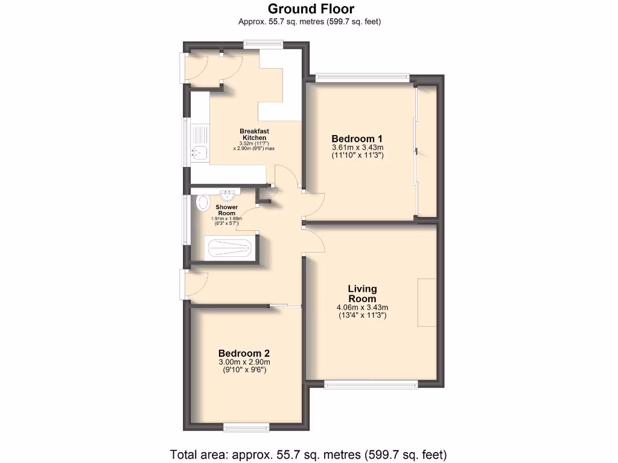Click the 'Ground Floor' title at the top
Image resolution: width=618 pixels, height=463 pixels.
coord(310,8)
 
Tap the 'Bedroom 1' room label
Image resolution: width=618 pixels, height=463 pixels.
coord(357,138)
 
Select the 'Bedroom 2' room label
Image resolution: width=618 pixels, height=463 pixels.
coord(244,353)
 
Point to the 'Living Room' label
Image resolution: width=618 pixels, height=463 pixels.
coord(362,294)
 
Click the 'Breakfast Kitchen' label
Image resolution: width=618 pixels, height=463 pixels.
coord(254,134)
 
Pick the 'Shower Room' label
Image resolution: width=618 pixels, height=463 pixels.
coord(227,210)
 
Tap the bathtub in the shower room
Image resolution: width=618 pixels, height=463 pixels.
coord(229,248)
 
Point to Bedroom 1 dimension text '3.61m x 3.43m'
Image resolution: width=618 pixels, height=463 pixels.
coord(358,147)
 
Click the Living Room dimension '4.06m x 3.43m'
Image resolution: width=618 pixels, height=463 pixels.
coord(362,307)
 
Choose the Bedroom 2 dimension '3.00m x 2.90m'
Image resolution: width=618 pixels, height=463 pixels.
coord(244,362)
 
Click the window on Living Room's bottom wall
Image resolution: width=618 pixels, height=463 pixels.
coord(371,383)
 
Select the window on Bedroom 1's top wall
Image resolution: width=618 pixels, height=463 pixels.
coord(362,77)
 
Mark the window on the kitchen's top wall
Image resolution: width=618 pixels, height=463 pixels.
coord(263,43)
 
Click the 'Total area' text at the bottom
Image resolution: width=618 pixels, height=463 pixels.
coord(308,454)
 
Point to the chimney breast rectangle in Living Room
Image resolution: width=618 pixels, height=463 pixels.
coord(427,303)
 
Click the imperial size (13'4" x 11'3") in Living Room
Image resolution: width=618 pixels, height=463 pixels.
coord(362,315)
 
